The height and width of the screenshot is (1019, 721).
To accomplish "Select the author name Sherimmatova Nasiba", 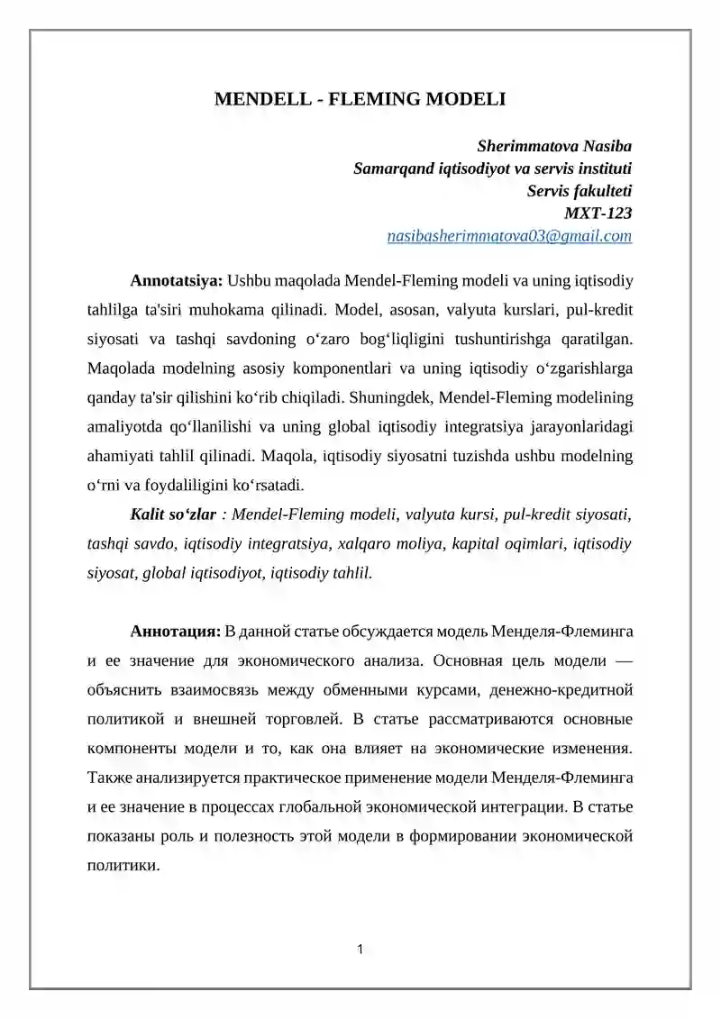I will (x=553, y=146).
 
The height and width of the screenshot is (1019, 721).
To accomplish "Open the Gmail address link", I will (x=509, y=236).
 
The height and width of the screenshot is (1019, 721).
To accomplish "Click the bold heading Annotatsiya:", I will (x=177, y=280).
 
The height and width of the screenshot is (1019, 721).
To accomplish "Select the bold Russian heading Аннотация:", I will (x=176, y=630).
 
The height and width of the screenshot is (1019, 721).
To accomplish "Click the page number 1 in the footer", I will (x=360, y=949).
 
